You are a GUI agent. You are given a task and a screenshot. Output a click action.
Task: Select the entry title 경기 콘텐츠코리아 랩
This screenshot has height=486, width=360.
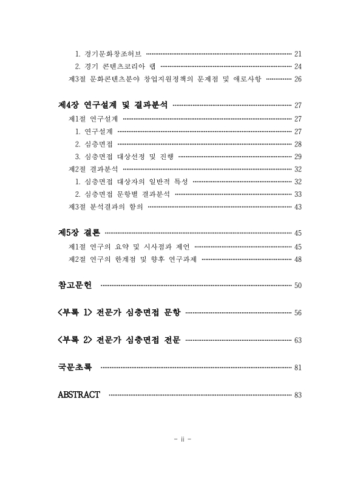[117, 66]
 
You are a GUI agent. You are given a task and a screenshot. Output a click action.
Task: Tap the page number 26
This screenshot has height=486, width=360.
[297, 79]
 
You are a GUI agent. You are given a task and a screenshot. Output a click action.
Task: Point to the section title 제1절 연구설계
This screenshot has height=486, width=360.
[93, 118]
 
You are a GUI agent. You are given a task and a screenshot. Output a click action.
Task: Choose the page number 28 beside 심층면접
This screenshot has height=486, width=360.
[297, 144]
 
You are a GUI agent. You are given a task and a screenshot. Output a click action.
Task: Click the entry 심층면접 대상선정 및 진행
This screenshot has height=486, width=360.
[124, 156]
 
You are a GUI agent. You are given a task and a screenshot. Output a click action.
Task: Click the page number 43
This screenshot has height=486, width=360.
[297, 207]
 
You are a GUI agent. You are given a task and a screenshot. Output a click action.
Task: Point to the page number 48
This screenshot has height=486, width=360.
[297, 259]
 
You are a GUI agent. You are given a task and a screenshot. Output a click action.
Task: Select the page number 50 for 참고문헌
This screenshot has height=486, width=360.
[297, 286]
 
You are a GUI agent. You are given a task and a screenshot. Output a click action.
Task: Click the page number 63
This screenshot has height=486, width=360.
[297, 340]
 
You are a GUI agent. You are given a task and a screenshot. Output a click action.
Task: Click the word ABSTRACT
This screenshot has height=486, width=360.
[79, 395]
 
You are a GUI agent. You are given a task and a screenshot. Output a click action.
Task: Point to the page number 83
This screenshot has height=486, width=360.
[297, 395]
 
